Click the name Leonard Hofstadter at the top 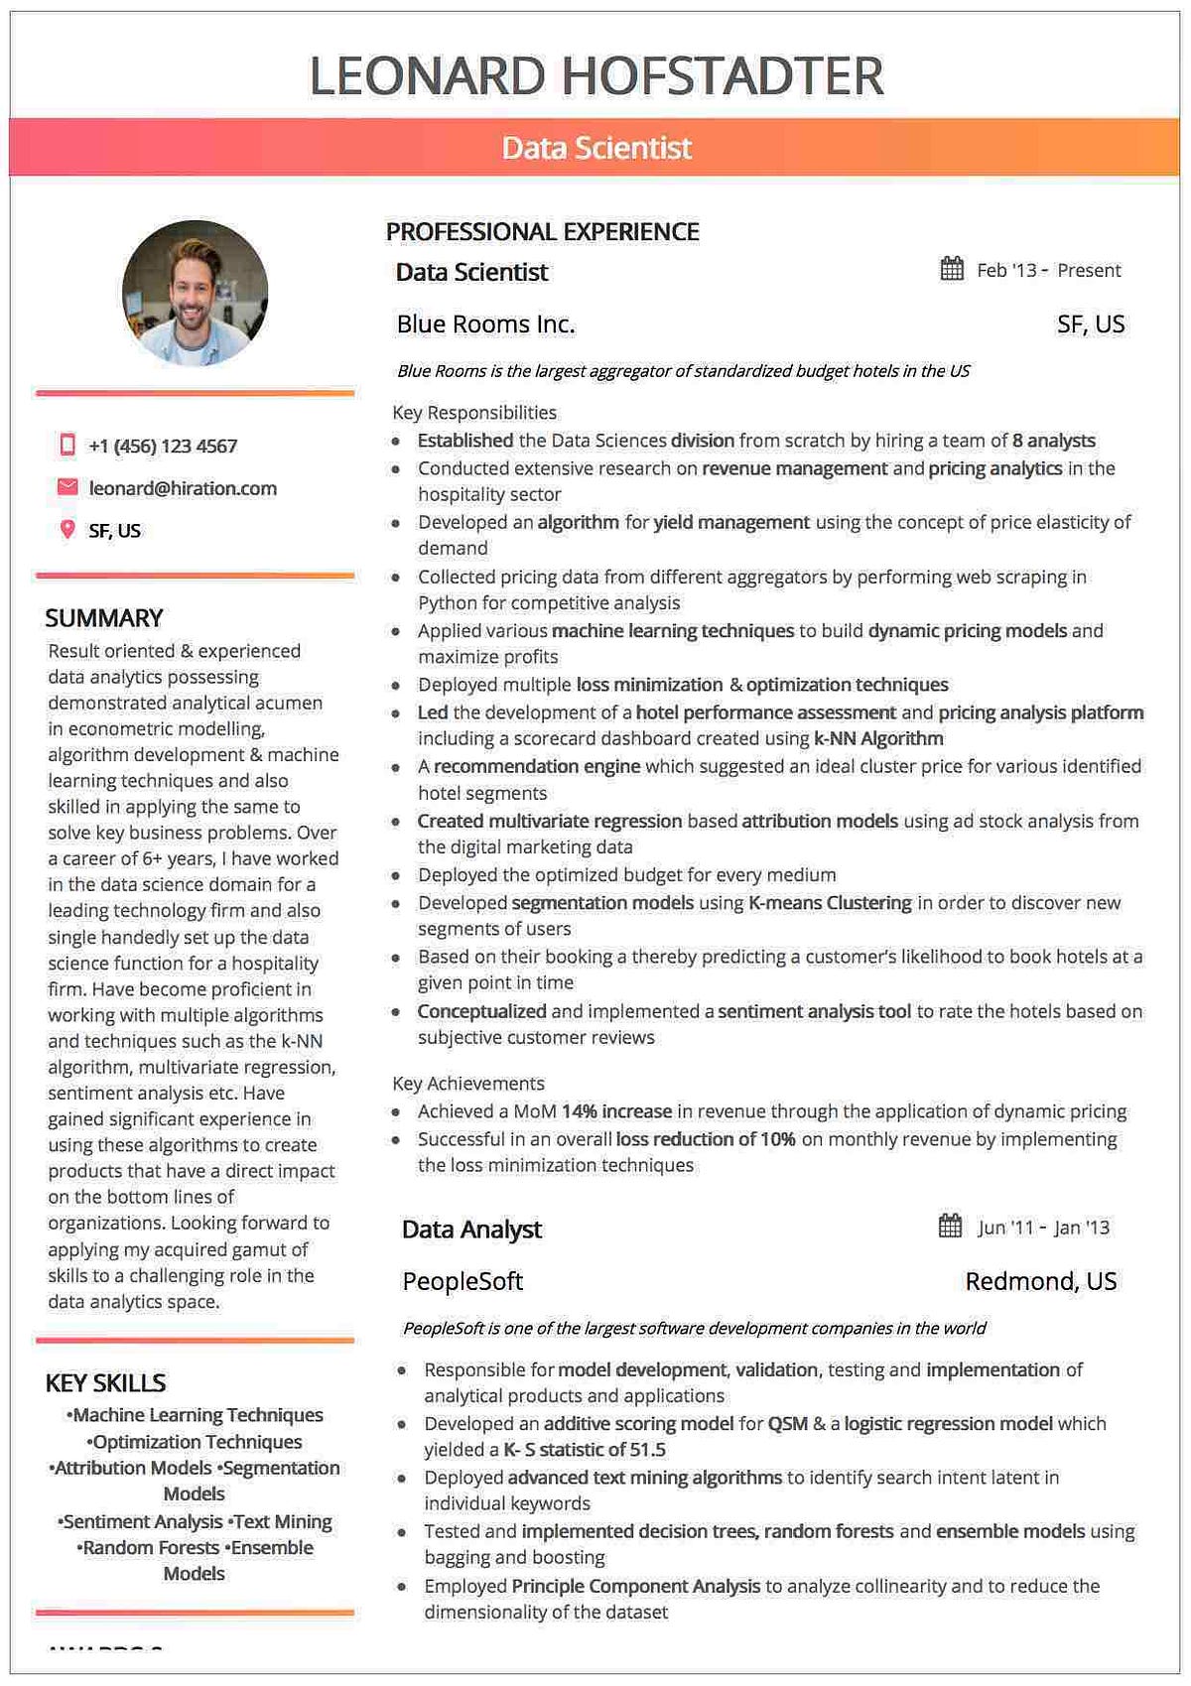596,76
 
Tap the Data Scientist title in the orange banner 596,148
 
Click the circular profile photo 195,294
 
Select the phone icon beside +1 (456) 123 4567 67,445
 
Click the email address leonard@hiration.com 183,488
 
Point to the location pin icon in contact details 67,530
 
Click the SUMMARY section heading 104,618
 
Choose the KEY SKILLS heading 106,1382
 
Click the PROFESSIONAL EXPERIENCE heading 542,232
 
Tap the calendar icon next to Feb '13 952,269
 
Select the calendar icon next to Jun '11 950,1227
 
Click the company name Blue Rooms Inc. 485,324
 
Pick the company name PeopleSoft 463,1281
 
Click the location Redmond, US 1040,1281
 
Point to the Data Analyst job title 471,1230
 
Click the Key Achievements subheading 468,1084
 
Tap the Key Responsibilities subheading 474,412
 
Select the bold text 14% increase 616,1111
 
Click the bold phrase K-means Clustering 830,903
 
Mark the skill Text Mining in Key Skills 282,1521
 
